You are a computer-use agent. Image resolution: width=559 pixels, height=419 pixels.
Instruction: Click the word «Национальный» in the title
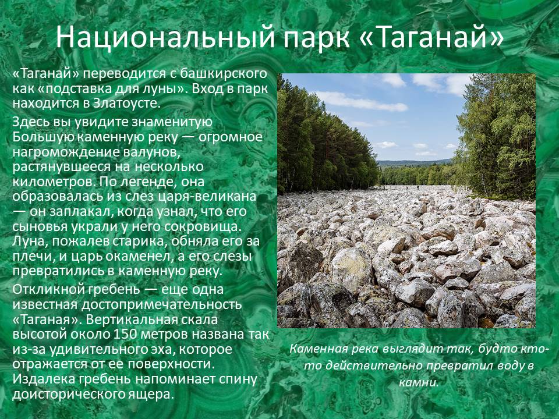pos(165,37)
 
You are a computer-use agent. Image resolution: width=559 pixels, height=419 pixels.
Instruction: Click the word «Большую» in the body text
pos(43,137)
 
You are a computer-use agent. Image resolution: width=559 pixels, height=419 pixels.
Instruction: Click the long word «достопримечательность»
pos(161,304)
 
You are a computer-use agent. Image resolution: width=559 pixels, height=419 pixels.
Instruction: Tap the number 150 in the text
pos(125,334)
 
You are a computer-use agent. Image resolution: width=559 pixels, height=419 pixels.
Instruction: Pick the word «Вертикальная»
pos(132,319)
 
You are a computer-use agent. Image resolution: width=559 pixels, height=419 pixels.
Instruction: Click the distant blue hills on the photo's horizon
pos(413,163)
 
